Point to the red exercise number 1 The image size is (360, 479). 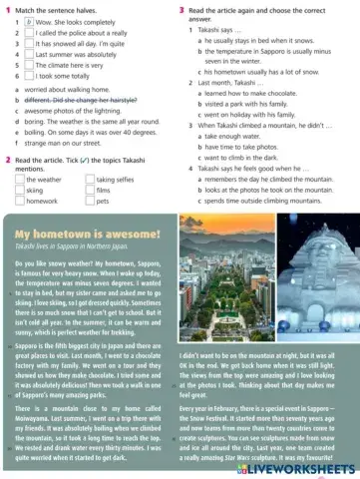(8, 9)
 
